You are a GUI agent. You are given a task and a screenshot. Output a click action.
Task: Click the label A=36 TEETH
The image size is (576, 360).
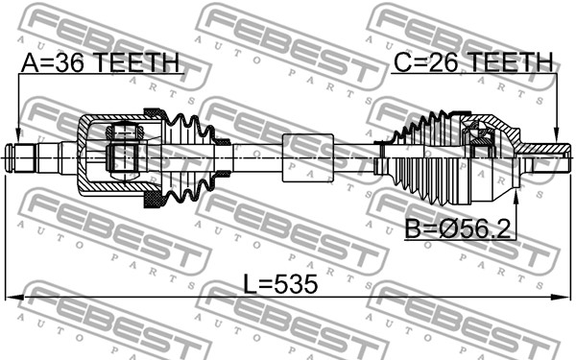pyautogui.click(x=100, y=62)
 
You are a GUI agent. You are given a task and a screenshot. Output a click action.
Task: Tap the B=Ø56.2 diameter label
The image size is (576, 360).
pyautogui.click(x=458, y=229)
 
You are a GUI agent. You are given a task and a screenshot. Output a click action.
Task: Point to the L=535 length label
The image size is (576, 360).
pyautogui.click(x=280, y=284)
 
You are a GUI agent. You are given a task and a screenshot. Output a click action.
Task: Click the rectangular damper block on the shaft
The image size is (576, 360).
pyautogui.click(x=308, y=157)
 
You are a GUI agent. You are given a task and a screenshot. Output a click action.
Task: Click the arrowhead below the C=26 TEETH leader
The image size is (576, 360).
pyautogui.click(x=557, y=135)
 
